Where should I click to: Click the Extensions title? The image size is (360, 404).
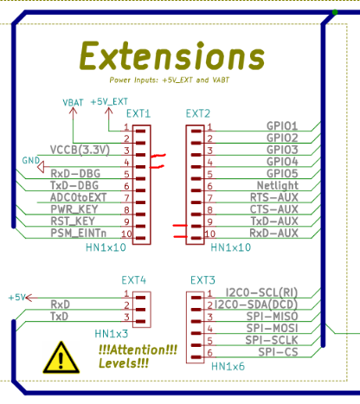(172, 55)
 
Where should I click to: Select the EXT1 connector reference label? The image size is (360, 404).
(138, 113)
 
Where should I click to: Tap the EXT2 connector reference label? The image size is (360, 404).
(198, 113)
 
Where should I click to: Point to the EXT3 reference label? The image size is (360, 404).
(202, 280)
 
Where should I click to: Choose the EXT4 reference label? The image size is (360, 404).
(134, 280)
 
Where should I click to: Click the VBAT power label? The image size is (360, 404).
(73, 103)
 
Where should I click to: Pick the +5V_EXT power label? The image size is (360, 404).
(109, 102)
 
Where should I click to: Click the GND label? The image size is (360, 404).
(31, 160)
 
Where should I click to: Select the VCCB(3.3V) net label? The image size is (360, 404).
(80, 150)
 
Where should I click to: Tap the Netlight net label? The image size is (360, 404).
(278, 186)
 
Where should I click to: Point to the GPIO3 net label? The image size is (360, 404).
(282, 150)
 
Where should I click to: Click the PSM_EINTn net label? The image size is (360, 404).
(79, 233)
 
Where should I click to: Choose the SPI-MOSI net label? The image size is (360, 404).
(272, 328)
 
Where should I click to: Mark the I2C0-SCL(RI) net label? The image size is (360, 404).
(261, 292)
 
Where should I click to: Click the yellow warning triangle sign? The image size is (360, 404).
(61, 357)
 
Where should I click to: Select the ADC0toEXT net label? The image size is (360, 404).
(79, 197)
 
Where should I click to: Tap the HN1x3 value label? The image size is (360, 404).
(112, 334)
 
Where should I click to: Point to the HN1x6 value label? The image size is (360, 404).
(228, 367)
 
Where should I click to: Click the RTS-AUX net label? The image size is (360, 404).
(274, 197)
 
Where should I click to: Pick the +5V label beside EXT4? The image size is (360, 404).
(16, 298)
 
